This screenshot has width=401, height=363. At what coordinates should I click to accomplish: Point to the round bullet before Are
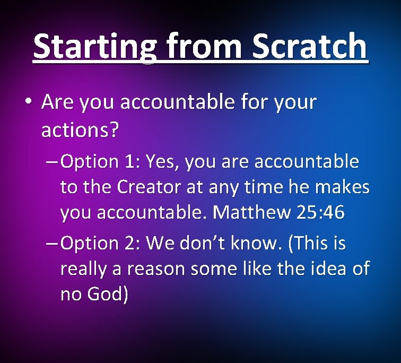click(x=30, y=101)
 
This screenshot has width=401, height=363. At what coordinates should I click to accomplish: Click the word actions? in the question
click(x=80, y=129)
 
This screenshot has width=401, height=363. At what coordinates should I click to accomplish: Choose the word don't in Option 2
click(x=222, y=243)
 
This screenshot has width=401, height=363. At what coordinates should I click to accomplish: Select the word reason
click(x=152, y=269)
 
